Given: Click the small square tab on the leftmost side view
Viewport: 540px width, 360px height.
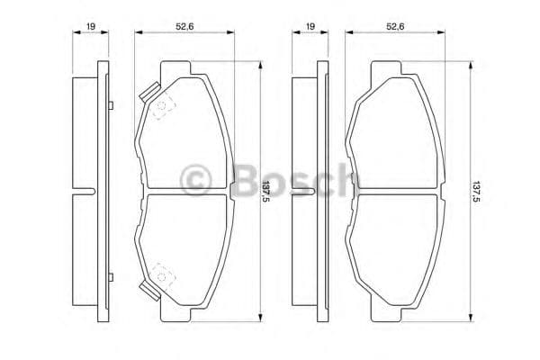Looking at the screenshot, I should pos(108,108).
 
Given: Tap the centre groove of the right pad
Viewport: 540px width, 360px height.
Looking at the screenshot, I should pos(396,193).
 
